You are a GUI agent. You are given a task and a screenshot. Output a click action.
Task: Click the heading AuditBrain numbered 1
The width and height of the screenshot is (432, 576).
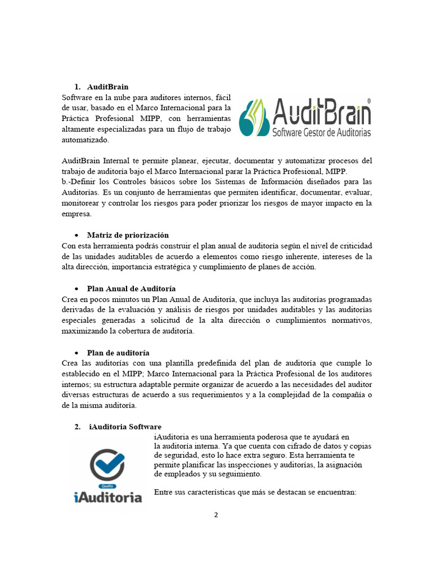click(107, 87)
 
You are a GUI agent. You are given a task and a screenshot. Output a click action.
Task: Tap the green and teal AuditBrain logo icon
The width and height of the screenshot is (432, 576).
click(253, 117)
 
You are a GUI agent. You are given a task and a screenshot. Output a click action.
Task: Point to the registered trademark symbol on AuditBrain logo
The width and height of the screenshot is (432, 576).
click(368, 101)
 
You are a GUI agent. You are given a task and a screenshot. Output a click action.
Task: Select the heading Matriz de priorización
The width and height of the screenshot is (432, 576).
click(128, 235)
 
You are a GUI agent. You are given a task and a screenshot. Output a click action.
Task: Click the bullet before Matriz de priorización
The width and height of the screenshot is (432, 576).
click(76, 235)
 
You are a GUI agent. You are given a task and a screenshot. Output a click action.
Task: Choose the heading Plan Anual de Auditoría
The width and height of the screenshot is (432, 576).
click(131, 289)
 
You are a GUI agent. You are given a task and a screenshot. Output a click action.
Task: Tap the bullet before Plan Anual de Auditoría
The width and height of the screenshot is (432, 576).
click(76, 289)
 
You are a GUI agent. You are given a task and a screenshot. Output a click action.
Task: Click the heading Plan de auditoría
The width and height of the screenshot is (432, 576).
click(118, 353)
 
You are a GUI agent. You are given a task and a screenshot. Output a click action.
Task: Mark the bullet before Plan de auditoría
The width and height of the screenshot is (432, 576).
click(76, 353)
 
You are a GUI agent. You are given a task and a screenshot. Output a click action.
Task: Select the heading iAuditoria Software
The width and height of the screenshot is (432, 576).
click(125, 427)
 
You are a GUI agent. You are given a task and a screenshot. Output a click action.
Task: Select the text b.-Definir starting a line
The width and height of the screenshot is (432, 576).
click(78, 182)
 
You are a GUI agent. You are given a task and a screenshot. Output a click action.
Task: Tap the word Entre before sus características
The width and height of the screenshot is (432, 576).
click(164, 493)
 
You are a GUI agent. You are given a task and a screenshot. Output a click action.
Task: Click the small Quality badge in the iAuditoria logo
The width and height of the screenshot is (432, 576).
click(107, 486)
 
